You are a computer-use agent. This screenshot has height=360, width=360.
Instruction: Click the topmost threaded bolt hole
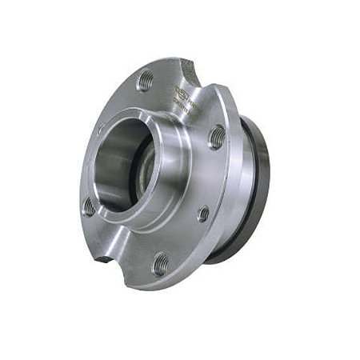pos(146,80)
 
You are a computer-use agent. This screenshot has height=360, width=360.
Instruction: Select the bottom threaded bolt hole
pos(161,262)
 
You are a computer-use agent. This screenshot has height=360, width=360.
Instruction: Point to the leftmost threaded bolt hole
pos(89,206)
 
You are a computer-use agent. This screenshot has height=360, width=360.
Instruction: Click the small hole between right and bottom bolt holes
pos(203,214)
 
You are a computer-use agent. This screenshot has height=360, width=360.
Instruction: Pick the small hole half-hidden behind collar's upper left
pos(101,129)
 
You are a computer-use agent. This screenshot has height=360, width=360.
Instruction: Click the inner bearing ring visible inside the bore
pos(145,171)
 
